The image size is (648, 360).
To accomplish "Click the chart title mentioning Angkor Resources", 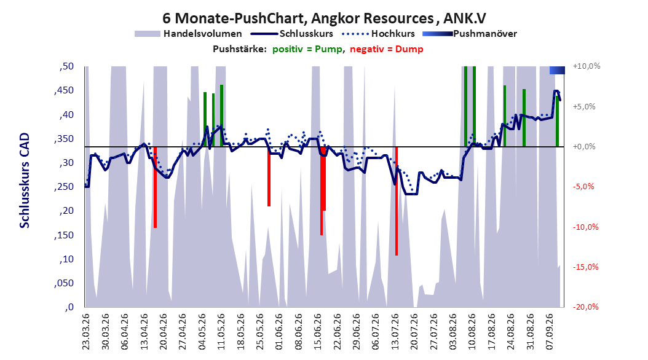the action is coord(324,18).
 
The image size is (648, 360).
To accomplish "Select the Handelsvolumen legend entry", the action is coord(189,34).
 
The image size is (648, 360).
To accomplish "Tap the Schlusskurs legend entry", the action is coord(292,34).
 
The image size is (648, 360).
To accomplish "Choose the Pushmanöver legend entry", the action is coord(470,34).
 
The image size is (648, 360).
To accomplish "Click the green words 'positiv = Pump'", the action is coord(307,49).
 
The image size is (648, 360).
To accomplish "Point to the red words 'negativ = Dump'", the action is coord(387,49).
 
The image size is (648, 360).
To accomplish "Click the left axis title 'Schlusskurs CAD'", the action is coord(25,181).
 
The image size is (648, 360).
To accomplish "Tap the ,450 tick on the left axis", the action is coord(64,90).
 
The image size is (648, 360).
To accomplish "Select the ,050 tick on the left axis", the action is coord(64,283).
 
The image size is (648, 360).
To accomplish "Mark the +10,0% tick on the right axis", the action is coord(587,66).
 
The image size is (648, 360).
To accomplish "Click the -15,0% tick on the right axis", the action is coord(585,267).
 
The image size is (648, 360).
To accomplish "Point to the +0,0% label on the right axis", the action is coord(584,147).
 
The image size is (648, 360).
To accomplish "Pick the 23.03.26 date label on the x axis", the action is coord(85,332).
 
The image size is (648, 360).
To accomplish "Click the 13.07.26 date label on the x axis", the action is coord(395,332).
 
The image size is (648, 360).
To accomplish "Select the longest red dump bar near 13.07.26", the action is coord(397,201).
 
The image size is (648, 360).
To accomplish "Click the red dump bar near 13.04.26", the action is coord(155,187).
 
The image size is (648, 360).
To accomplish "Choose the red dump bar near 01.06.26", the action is coord(269,176).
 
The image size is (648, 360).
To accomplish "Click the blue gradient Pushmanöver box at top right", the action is coord(557,70).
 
